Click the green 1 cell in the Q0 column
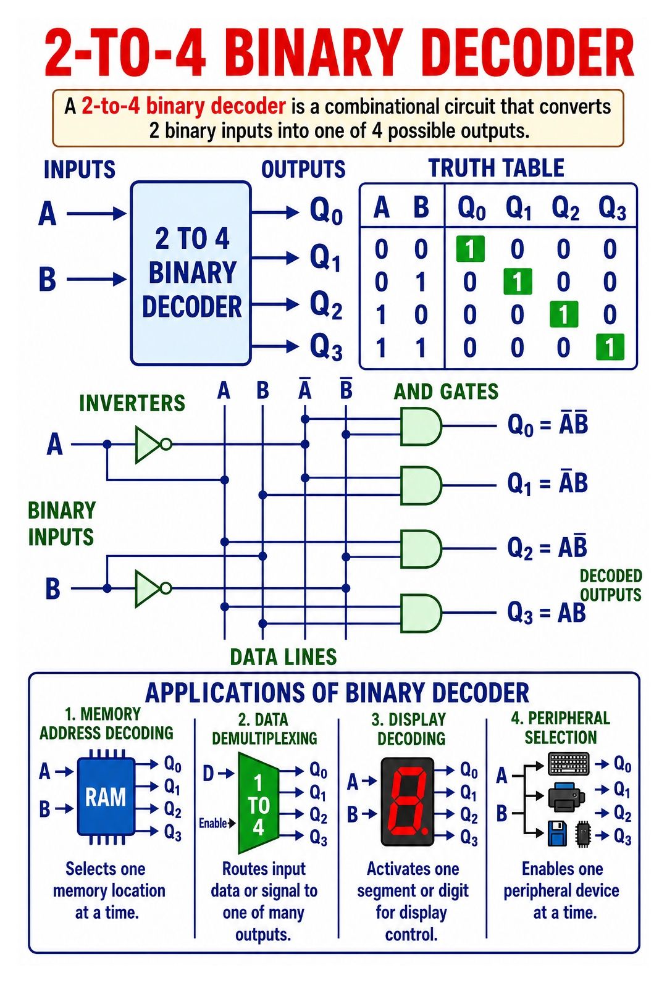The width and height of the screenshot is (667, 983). click(470, 249)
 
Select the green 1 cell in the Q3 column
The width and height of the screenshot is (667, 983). click(610, 347)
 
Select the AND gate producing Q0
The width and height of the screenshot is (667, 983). click(421, 426)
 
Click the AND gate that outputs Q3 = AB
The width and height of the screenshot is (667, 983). click(421, 613)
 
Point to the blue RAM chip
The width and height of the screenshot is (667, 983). click(106, 797)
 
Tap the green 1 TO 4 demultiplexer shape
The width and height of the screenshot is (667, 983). click(258, 803)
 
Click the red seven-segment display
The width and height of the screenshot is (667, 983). click(407, 801)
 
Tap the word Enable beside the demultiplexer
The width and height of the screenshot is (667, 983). click(213, 823)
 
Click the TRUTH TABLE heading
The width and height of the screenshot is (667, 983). click(497, 168)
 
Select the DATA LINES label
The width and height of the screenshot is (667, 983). click(283, 657)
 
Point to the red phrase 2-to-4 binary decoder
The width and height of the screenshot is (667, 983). click(184, 106)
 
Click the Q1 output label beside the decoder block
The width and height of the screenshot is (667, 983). click(325, 257)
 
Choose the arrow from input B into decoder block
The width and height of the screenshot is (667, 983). click(96, 278)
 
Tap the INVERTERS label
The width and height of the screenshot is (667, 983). click(132, 403)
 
